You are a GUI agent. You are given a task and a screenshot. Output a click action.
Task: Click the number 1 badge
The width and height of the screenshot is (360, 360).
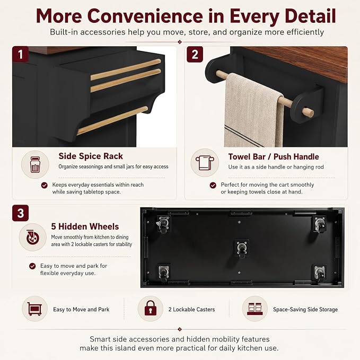[x=21, y=54]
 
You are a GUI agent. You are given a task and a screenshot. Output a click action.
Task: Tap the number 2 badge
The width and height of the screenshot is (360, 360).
[x=195, y=55]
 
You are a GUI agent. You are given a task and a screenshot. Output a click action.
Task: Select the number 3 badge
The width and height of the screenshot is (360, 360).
[x=21, y=213]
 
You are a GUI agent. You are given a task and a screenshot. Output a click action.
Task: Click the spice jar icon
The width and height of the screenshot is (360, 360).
[x=35, y=164]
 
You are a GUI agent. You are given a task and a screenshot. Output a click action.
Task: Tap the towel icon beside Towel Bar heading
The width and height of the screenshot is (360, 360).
[x=205, y=163]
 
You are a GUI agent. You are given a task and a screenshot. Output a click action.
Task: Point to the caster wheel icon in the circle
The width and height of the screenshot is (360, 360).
[x=32, y=238]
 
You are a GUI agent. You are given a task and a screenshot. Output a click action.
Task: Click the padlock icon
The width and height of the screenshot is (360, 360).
[x=151, y=308]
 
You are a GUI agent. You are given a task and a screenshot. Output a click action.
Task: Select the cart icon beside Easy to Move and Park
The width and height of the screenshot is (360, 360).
[x=34, y=309]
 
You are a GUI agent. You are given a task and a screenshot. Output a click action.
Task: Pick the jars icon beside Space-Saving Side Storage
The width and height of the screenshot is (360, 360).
[x=255, y=309]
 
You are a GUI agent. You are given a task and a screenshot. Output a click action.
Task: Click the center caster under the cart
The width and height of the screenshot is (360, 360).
[x=242, y=249]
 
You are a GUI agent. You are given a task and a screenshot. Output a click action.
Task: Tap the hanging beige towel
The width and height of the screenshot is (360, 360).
[x=254, y=111]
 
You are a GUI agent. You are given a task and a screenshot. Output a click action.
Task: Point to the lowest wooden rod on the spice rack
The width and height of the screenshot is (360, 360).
[x=112, y=120]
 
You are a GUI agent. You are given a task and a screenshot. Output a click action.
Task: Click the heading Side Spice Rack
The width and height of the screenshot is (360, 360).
[x=91, y=156]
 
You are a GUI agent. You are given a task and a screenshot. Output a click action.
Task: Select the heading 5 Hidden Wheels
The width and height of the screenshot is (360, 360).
[x=85, y=226]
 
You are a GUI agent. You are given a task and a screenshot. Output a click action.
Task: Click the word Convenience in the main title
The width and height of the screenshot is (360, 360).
[x=145, y=16]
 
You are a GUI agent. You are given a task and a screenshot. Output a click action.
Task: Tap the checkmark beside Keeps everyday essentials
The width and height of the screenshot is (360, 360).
[x=45, y=185]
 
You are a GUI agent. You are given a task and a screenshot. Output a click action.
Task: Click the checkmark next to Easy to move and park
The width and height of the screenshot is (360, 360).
[x=32, y=266]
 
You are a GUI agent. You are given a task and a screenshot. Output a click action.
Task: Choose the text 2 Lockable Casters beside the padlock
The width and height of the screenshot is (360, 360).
[x=192, y=310]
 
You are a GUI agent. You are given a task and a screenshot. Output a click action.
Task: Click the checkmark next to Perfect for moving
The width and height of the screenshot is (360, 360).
[x=213, y=185]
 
